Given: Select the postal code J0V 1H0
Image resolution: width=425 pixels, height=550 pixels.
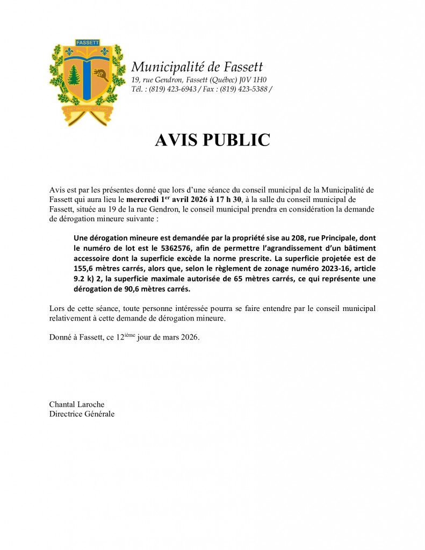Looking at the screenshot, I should [255, 80].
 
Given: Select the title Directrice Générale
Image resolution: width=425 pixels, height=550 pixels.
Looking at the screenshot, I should [82, 414].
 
